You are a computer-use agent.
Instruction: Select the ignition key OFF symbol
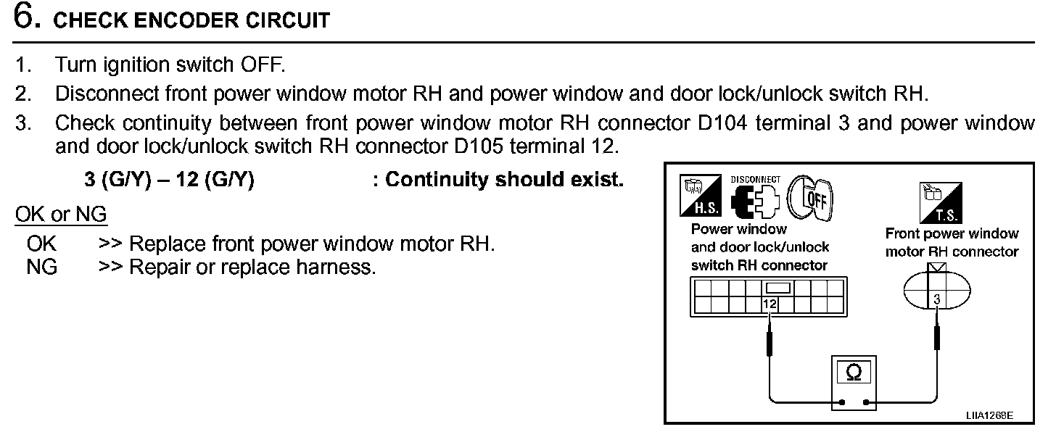(x=811, y=196)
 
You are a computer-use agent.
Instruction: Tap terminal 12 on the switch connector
(x=770, y=305)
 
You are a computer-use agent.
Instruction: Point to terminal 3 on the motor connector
(x=937, y=299)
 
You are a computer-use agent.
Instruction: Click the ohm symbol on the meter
(x=854, y=373)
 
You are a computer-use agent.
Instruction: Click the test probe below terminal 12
(x=770, y=339)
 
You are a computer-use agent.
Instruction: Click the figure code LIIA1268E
(x=989, y=417)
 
